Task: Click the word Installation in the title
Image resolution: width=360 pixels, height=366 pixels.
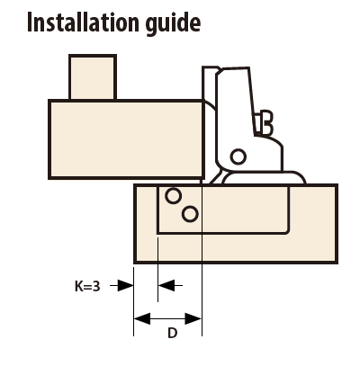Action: tap(83, 22)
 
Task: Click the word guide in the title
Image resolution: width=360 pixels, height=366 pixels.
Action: tap(174, 24)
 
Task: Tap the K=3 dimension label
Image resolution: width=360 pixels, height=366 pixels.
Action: tap(87, 286)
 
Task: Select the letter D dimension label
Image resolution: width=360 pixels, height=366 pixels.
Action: tap(172, 333)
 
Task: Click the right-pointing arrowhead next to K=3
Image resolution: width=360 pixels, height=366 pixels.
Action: tap(125, 285)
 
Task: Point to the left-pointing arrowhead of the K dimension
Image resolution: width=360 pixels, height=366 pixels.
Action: tap(166, 285)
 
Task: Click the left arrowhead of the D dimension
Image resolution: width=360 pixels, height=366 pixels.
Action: tap(142, 318)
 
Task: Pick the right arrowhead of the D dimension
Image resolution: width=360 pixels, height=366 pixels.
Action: tap(193, 318)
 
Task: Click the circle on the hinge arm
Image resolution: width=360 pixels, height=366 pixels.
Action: tap(238, 156)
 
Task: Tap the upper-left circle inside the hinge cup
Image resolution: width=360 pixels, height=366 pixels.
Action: tap(174, 196)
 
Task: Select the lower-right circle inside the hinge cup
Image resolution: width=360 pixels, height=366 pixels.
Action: tap(190, 214)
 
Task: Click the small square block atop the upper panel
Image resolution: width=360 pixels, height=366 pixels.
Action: tap(93, 77)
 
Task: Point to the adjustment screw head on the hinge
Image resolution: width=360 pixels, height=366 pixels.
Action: tap(267, 123)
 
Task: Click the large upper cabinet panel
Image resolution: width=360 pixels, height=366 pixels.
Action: tap(126, 139)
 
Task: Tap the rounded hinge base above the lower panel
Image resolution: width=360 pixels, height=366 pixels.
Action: tap(264, 177)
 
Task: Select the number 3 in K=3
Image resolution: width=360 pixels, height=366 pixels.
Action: tap(96, 286)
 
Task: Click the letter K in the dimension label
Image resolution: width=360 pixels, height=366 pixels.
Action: tap(78, 286)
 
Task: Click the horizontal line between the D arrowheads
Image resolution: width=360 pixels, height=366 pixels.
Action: tap(167, 318)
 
